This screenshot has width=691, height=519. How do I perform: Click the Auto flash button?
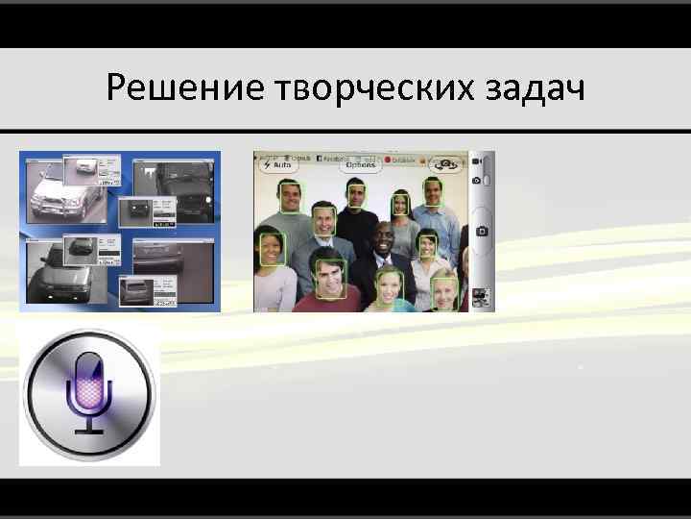pos(275,164)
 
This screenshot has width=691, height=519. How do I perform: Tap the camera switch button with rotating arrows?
pos(444,163)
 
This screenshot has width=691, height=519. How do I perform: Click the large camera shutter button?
pos(483,231)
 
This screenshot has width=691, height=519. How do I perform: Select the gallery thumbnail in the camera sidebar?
pos(483,298)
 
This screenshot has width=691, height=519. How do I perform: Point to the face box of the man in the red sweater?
pos(331,281)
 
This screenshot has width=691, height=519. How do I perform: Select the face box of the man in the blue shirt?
pos(433,192)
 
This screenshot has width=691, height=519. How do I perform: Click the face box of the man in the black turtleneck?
pos(356,194)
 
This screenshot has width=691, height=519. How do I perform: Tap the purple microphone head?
pos(89,380)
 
